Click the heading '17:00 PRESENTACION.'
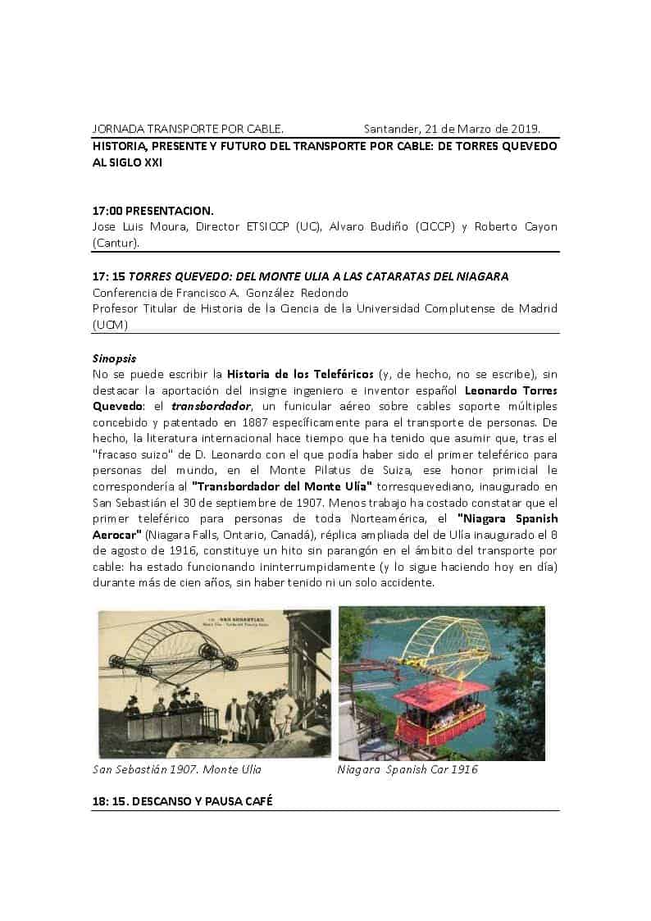tap(153, 211)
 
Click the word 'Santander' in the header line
tap(390, 129)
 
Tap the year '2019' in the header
tap(521, 129)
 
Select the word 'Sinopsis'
tap(114, 358)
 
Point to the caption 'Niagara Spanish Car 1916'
tap(407, 769)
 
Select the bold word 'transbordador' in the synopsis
tap(206, 407)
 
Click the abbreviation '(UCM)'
tap(110, 325)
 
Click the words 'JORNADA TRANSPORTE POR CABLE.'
tap(188, 129)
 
